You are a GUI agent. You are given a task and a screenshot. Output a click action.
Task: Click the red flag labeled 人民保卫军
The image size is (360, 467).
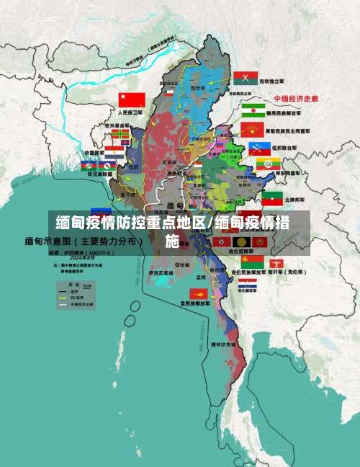132,99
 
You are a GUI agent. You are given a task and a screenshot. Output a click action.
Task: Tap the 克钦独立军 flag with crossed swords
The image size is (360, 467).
246,78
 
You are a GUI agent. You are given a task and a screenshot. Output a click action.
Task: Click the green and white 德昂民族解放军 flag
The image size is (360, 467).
253,109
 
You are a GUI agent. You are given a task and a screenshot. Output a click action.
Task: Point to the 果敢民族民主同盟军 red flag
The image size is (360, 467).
252,130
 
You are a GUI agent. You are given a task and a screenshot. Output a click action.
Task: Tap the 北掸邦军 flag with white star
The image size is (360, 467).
271,198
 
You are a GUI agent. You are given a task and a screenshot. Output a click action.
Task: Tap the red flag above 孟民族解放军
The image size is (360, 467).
198,293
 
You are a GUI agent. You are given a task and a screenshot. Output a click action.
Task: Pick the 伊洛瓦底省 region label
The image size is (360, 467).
161,273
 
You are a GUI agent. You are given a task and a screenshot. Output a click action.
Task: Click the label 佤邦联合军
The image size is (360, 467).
294,147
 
